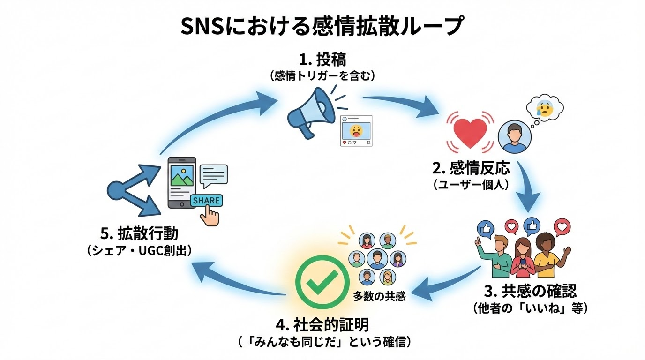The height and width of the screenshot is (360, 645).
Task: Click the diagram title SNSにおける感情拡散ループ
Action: (x=322, y=27)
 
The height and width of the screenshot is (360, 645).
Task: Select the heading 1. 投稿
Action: (x=323, y=60)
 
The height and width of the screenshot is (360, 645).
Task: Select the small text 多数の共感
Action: (x=379, y=297)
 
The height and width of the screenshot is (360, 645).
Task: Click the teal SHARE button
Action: (x=206, y=201)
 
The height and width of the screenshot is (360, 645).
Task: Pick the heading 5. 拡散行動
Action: (x=139, y=233)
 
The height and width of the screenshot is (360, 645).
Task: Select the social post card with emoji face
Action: (x=356, y=131)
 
